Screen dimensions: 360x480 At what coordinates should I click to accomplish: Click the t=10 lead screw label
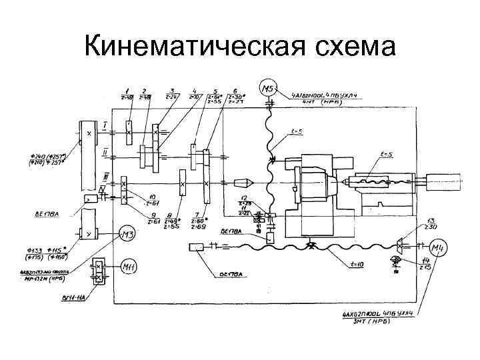[x=360, y=265]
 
